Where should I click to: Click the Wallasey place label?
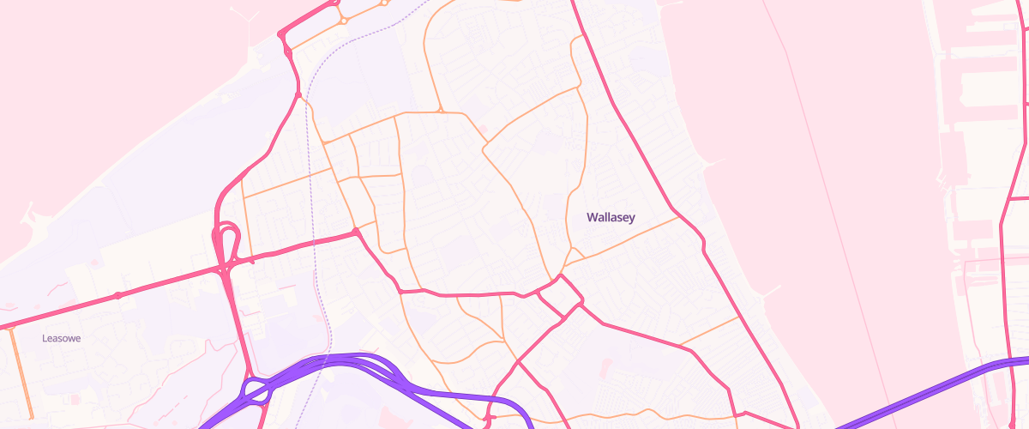click(611, 218)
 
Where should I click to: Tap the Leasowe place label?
click(62, 339)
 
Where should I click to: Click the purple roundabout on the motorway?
click(258, 391)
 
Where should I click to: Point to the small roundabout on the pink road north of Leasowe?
click(117, 296)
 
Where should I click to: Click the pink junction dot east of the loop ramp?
click(355, 232)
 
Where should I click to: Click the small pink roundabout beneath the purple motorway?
click(488, 419)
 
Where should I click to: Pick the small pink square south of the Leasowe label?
click(74, 400)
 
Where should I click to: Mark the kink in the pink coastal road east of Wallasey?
click(703, 245)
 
